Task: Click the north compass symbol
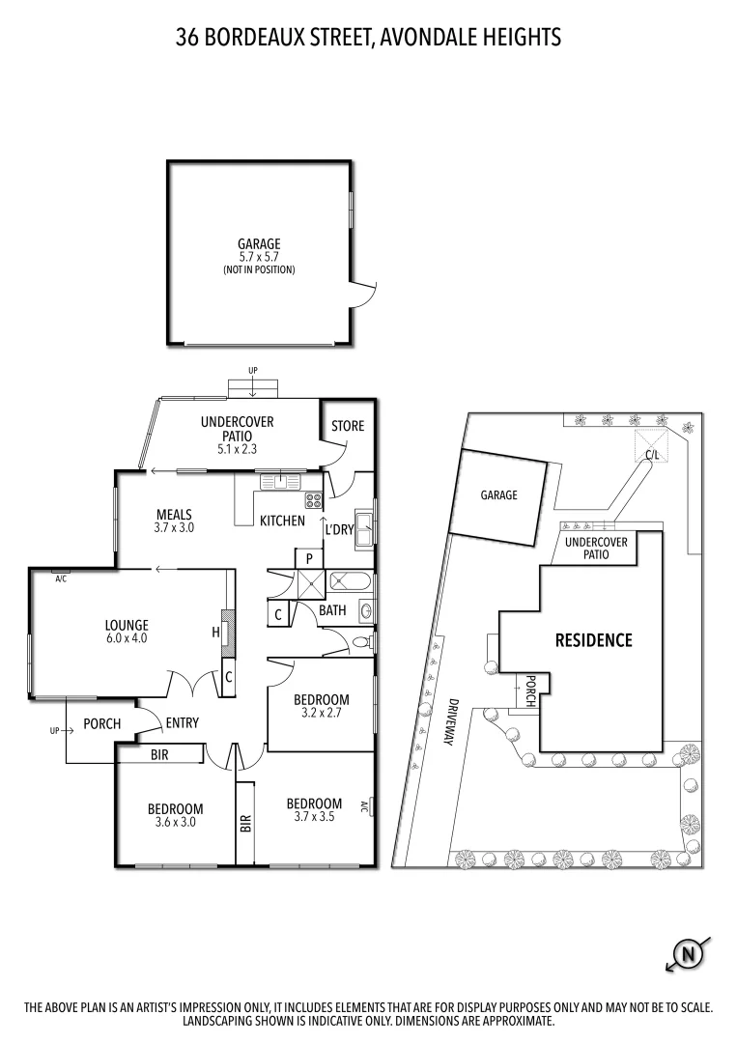point(689,955)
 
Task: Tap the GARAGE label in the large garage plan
point(259,244)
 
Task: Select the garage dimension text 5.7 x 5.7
point(259,257)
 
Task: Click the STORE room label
point(348,426)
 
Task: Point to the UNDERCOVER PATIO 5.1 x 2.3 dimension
point(237,449)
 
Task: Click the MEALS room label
point(174,515)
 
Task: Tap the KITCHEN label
point(282,521)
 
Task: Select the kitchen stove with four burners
point(314,500)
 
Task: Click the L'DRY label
point(338,530)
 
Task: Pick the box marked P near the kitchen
point(309,559)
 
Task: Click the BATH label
point(332,610)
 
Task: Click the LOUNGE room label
point(126,625)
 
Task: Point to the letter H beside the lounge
point(216,633)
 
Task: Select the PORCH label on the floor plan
point(101,723)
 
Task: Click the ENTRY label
point(182,722)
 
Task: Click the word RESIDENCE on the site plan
point(593,639)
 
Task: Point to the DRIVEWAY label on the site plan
point(450,721)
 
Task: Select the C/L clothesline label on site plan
point(652,454)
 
